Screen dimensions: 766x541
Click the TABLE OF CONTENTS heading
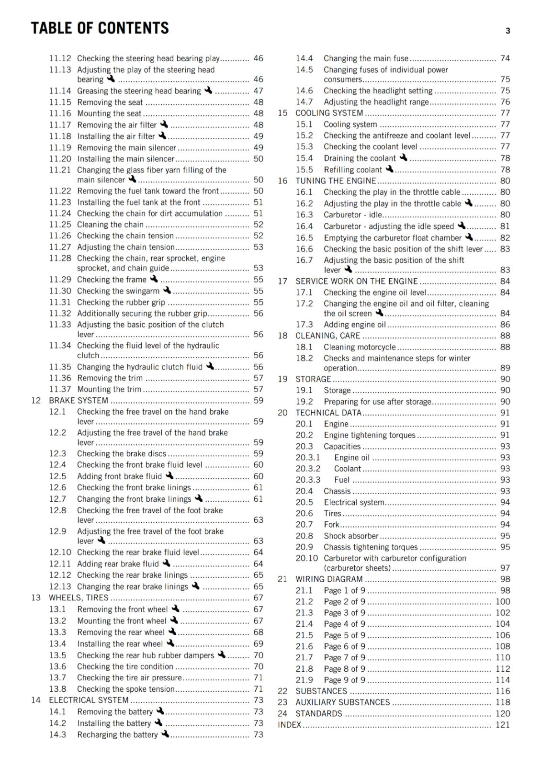(100, 28)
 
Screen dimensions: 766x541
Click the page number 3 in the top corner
(507, 31)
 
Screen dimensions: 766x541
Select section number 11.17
(60, 125)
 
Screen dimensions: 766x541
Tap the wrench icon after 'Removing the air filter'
(164, 124)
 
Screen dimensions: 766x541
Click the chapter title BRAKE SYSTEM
(79, 401)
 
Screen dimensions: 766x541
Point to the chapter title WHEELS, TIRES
(79, 598)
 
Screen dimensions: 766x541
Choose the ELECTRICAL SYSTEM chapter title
(89, 700)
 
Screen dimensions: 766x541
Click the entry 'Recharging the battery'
(117, 735)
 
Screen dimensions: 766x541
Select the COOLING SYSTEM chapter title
(329, 113)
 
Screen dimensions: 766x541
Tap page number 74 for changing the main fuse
(505, 58)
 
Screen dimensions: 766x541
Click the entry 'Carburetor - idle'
(352, 215)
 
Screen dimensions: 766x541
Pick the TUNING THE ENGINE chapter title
(336, 181)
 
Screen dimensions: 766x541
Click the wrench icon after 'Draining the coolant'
(404, 158)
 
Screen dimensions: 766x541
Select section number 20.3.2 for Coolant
(307, 469)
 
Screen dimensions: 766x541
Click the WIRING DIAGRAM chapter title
(329, 579)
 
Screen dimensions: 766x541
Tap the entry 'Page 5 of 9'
(344, 635)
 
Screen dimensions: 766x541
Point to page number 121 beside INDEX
(503, 725)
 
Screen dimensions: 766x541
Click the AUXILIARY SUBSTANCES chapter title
(342, 702)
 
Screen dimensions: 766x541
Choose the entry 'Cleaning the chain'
(110, 225)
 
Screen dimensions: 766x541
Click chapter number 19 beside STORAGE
(282, 379)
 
